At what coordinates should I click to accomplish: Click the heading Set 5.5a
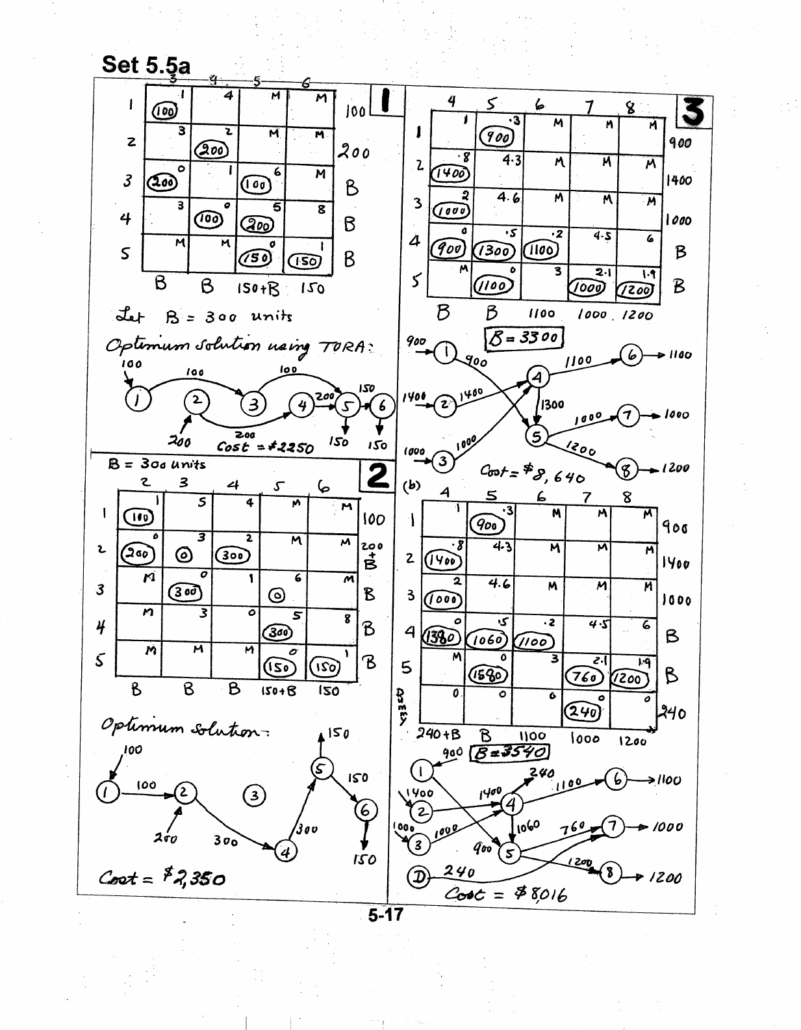pos(146,64)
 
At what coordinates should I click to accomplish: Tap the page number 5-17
pos(385,914)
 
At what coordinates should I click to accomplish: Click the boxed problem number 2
pos(377,475)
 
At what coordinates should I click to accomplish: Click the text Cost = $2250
pos(265,447)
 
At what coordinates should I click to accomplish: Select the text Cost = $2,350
pos(162,878)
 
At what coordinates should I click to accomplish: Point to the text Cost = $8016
pos(506,895)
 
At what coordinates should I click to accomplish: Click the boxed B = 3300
pos(524,337)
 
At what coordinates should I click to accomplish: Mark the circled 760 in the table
pos(585,676)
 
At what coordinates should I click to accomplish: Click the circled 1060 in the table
pos(487,640)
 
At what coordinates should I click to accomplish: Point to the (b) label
pos(411,486)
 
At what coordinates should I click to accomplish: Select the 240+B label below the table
pos(439,734)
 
